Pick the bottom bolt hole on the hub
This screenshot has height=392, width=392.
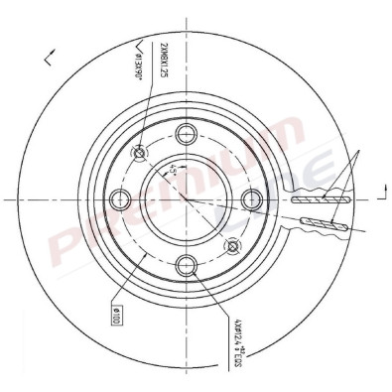[x=187, y=264]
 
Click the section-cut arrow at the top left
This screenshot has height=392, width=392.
[x=48, y=61]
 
